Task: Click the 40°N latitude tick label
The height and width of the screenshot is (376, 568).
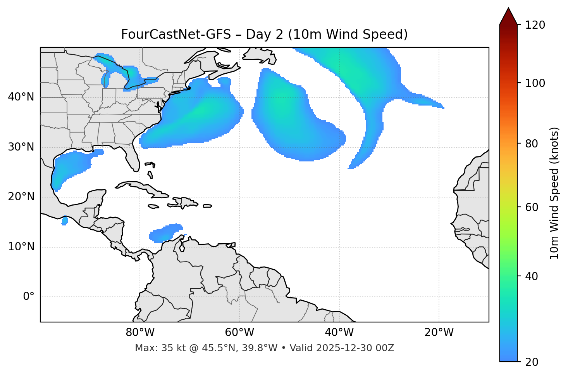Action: click(21, 97)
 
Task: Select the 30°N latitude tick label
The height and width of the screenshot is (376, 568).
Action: click(21, 147)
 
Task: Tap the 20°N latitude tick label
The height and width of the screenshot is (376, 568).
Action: click(21, 197)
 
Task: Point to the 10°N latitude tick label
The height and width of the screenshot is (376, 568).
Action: click(21, 247)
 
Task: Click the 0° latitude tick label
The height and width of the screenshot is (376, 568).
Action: click(29, 297)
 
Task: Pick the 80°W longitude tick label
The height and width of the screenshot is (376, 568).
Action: click(140, 333)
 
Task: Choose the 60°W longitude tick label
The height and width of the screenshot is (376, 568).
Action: click(239, 333)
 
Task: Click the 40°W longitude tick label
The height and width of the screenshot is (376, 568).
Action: click(339, 333)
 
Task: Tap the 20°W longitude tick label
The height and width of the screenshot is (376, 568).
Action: click(439, 333)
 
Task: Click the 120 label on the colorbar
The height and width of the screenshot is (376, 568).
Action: click(535, 25)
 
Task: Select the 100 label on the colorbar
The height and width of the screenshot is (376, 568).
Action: click(535, 83)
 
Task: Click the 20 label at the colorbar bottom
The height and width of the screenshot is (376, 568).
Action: click(532, 362)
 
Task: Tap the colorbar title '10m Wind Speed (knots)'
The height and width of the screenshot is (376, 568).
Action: click(554, 193)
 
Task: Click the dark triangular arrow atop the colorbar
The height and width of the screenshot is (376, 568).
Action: click(508, 16)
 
